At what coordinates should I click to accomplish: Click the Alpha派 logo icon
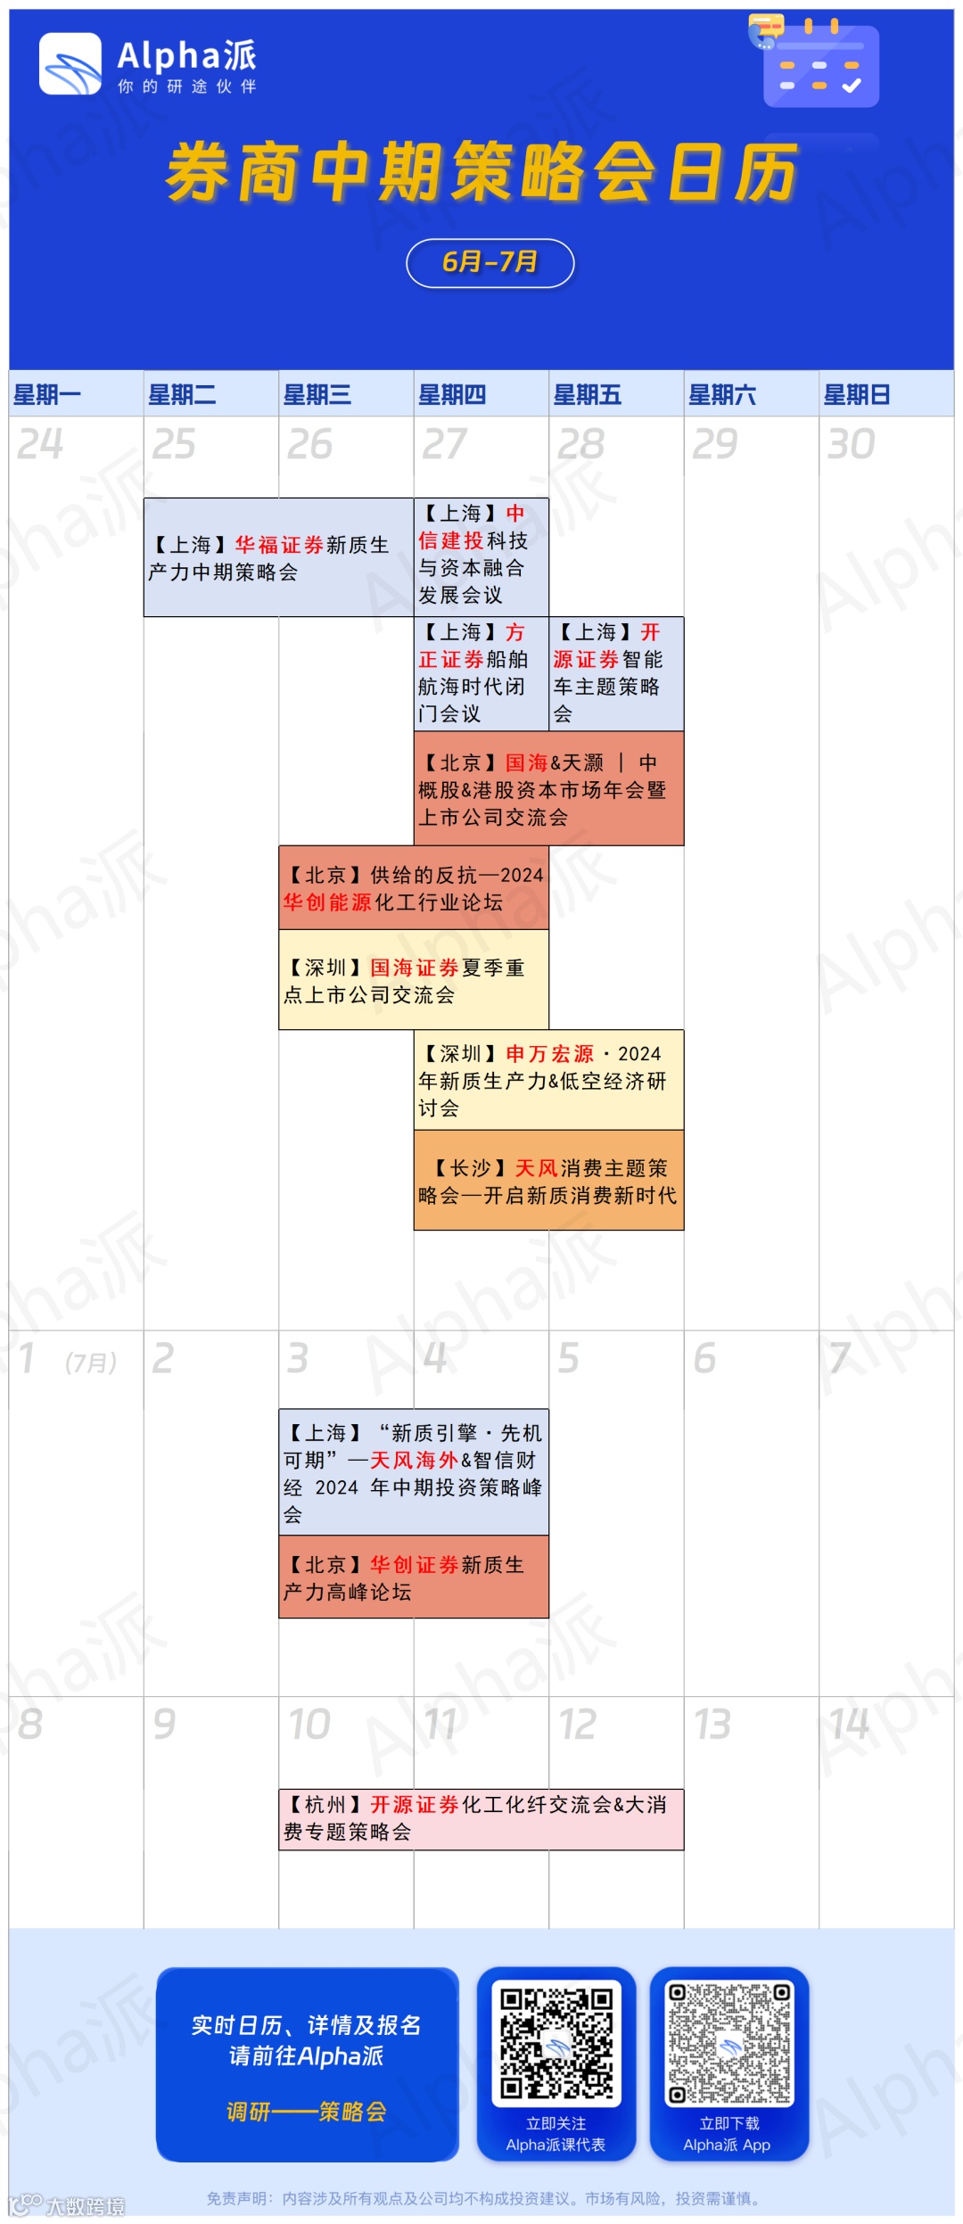[x=70, y=64]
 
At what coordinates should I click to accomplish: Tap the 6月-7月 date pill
[x=490, y=263]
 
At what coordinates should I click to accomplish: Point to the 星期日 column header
[x=856, y=394]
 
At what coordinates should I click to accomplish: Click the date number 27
[x=443, y=444]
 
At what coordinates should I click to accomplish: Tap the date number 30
[x=851, y=444]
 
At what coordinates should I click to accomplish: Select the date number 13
[x=712, y=1724]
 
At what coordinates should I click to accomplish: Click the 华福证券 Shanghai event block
[x=278, y=558]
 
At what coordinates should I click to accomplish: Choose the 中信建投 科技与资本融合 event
[x=481, y=555]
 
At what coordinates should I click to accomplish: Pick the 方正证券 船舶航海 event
[x=481, y=673]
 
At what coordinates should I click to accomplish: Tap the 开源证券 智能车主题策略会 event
[x=615, y=673]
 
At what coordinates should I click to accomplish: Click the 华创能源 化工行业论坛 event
[x=413, y=888]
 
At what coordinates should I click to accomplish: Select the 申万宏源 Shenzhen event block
[x=548, y=1080]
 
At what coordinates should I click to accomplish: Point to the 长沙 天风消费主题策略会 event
[x=548, y=1181]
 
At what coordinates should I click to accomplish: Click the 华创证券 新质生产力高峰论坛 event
[x=413, y=1577]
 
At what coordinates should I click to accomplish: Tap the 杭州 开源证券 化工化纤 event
[x=481, y=1819]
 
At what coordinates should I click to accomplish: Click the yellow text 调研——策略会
[x=307, y=2112]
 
